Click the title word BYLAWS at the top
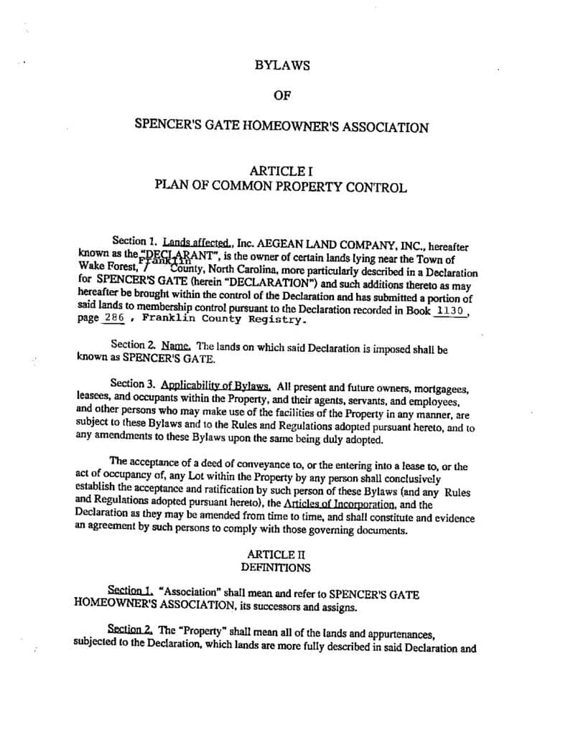[x=282, y=65]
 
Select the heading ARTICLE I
[x=281, y=171]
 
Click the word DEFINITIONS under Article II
[x=276, y=567]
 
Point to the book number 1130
[x=451, y=311]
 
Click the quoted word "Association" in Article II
[x=186, y=594]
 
